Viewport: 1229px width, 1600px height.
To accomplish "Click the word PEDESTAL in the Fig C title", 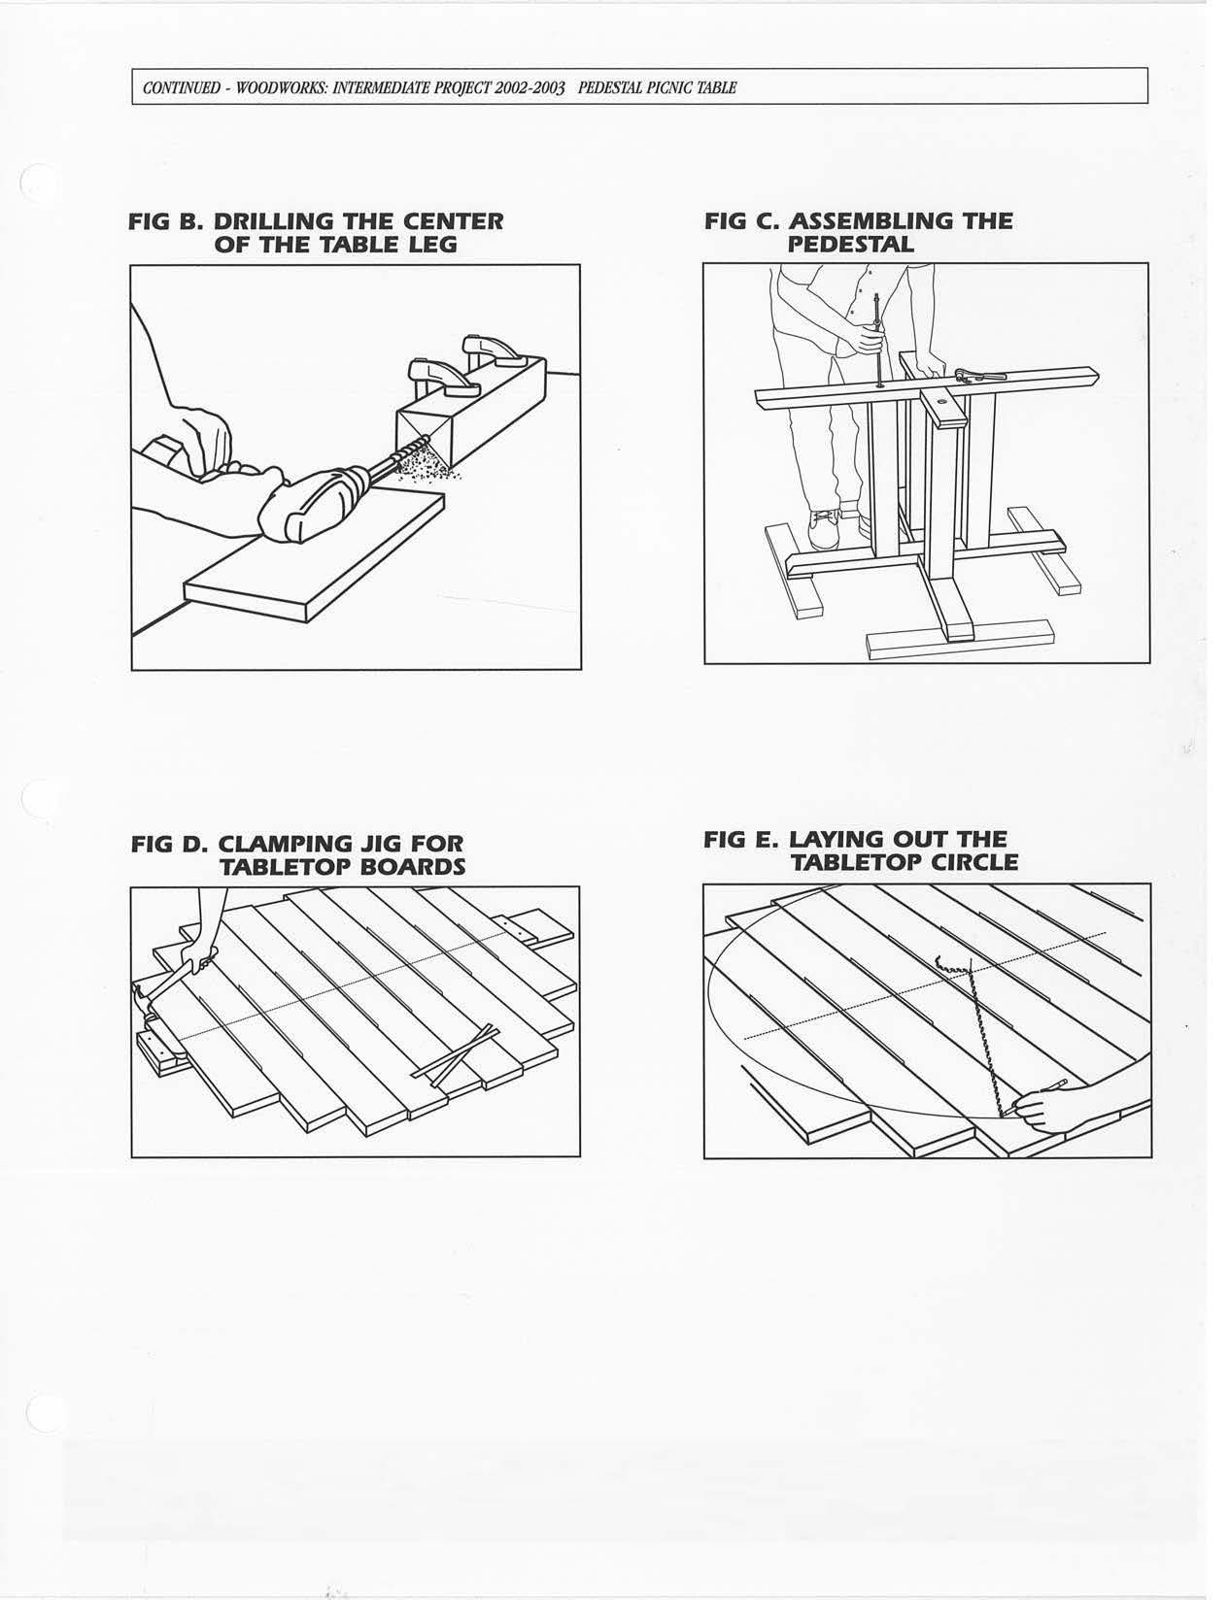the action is (x=850, y=245).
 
